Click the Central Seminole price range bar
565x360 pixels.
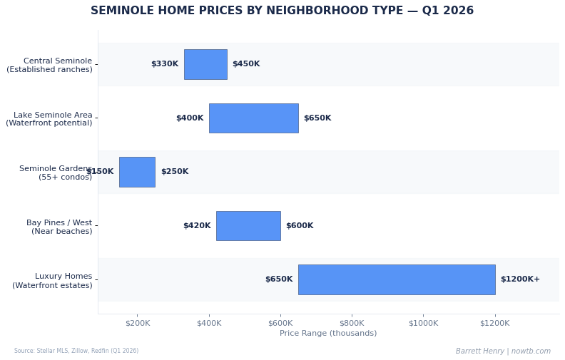click(x=205, y=64)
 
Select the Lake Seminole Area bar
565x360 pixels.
click(x=253, y=118)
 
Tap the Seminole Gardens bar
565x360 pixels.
click(x=137, y=172)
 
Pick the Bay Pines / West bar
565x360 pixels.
click(x=248, y=226)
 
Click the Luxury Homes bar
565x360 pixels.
click(x=396, y=279)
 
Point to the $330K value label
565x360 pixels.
click(x=165, y=64)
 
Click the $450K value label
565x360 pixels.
click(x=246, y=64)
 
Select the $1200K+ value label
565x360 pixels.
click(x=520, y=279)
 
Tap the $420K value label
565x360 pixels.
click(x=197, y=226)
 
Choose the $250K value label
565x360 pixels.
click(x=175, y=172)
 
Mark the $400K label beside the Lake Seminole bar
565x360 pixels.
click(x=190, y=118)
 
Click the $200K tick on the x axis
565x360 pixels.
click(x=138, y=323)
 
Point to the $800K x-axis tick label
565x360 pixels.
click(x=352, y=323)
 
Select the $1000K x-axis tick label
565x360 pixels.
click(x=423, y=323)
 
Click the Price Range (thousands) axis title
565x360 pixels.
click(x=328, y=334)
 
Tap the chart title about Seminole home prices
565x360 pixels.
click(x=282, y=11)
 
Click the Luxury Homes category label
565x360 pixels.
click(x=52, y=281)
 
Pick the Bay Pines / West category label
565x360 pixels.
click(x=59, y=227)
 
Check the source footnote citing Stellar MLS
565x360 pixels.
click(x=76, y=351)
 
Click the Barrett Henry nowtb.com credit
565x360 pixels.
click(x=503, y=351)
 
